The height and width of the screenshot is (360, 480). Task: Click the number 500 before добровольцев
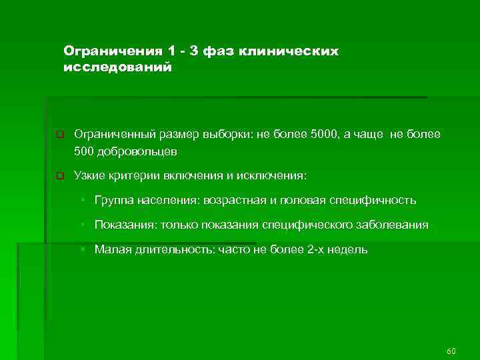pos(85,151)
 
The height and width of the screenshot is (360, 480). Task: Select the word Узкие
pos(88,176)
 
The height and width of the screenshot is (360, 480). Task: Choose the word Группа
pos(113,200)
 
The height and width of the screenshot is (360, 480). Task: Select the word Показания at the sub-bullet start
pos(123,225)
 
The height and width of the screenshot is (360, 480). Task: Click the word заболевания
pos(393,225)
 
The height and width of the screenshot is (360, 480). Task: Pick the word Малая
pos(110,250)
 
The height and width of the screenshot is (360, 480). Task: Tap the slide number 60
pos(451,351)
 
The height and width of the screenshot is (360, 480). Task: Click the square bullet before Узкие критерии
pos(59,177)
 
